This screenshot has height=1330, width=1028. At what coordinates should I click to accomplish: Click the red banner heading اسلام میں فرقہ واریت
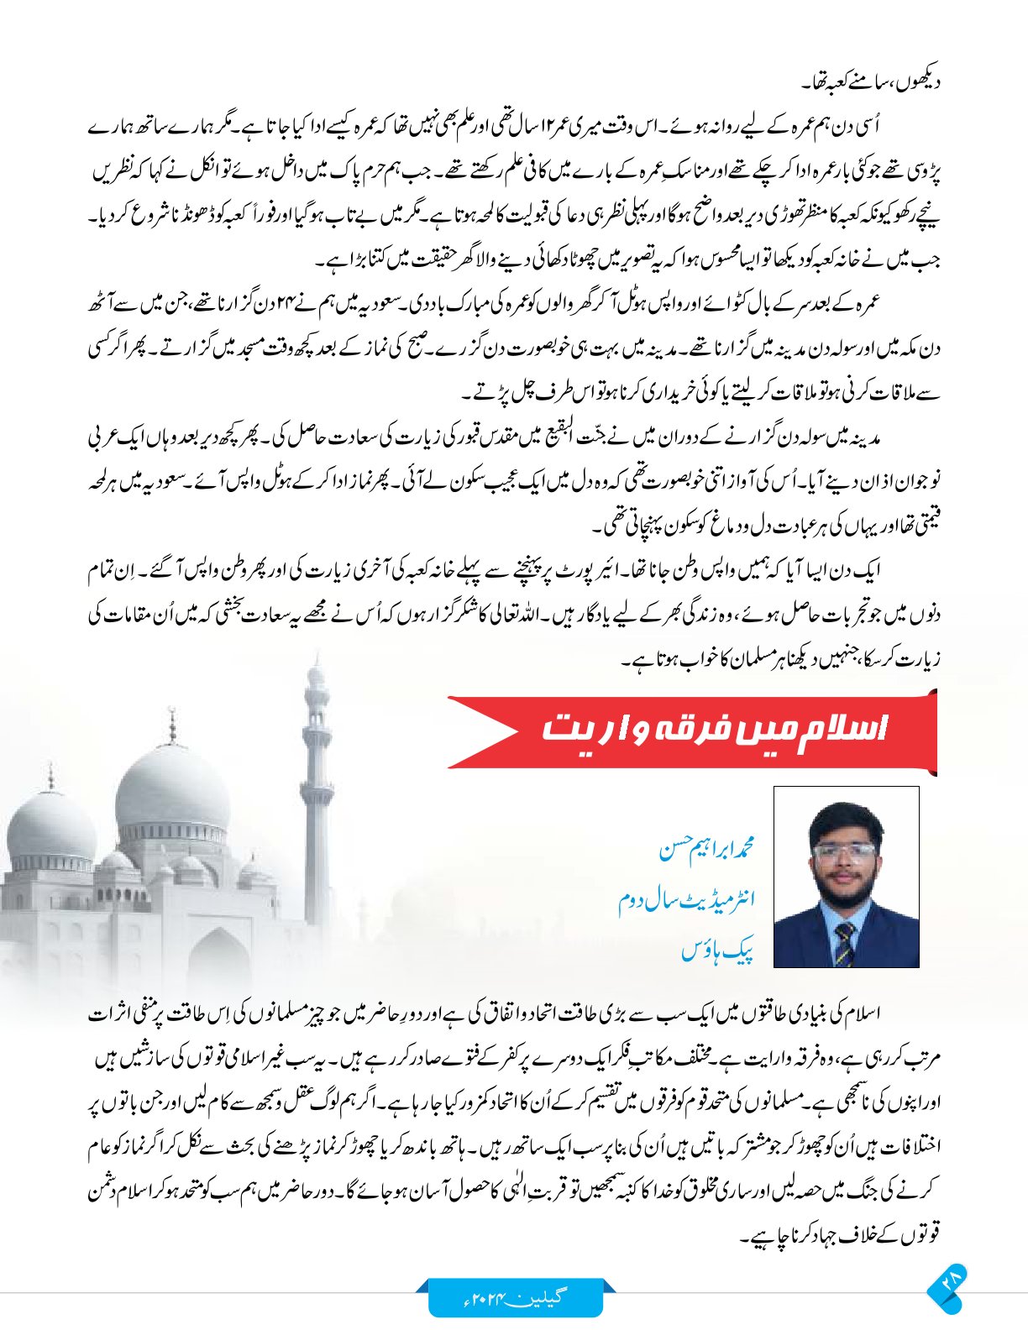click(x=714, y=729)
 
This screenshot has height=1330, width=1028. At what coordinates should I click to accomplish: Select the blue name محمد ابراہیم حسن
click(x=706, y=849)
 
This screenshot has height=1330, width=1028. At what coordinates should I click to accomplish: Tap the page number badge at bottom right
click(x=948, y=1288)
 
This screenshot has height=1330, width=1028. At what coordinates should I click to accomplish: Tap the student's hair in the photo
click(x=844, y=819)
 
